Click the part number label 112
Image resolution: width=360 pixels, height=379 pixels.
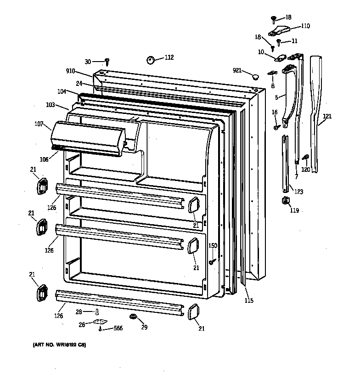169,57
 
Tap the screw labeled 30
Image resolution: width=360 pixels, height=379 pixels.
107,61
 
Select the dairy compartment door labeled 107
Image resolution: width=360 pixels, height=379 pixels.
87,138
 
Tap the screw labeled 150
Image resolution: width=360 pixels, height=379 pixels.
212,261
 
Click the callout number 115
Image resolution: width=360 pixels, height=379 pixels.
248,301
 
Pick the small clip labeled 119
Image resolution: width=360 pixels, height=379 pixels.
284,200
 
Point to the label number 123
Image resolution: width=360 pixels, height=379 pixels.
298,192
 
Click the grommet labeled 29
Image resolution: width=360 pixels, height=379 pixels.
132,317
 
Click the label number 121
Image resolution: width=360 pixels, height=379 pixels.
326,117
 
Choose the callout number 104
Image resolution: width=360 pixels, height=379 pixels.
62,92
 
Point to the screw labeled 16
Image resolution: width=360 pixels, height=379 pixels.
276,127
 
